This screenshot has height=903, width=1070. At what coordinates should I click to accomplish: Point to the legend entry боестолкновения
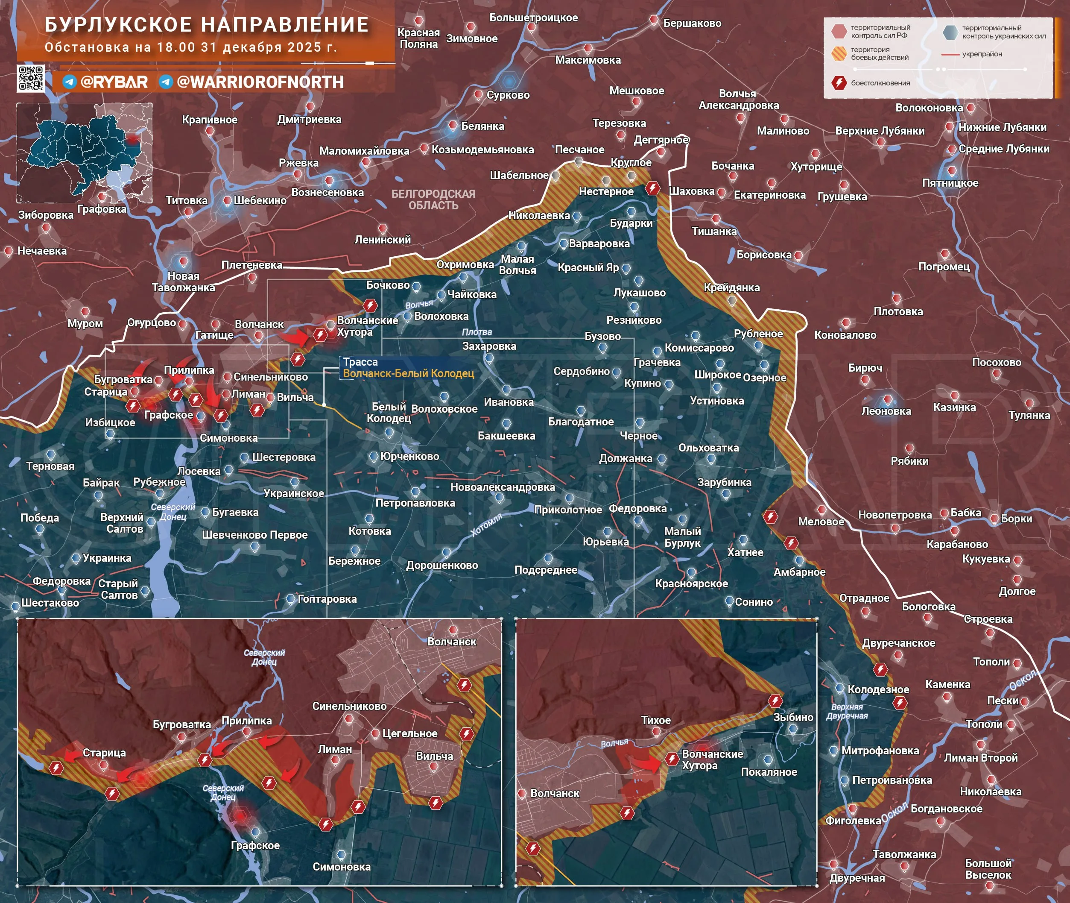tap(880, 83)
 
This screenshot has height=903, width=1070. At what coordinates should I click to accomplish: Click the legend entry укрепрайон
tap(982, 54)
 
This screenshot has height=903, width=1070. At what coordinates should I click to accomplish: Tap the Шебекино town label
tap(260, 201)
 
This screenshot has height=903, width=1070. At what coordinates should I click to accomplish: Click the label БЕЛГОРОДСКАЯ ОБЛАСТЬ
tap(433, 199)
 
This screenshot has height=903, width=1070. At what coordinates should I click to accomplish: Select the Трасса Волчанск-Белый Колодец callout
tap(408, 367)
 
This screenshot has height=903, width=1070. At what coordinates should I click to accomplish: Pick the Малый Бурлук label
tap(682, 537)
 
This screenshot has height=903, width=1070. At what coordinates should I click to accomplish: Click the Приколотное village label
tap(567, 509)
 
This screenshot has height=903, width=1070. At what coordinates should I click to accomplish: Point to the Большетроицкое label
tap(533, 18)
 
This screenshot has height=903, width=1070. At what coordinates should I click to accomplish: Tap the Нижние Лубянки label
tap(1002, 127)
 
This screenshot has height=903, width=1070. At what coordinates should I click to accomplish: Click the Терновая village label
tap(50, 466)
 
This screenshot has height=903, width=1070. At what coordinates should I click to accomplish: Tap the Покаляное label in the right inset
tap(769, 772)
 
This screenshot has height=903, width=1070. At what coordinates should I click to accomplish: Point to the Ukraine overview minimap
tap(85, 152)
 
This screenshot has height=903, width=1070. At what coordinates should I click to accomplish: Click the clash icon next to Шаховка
tap(652, 188)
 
